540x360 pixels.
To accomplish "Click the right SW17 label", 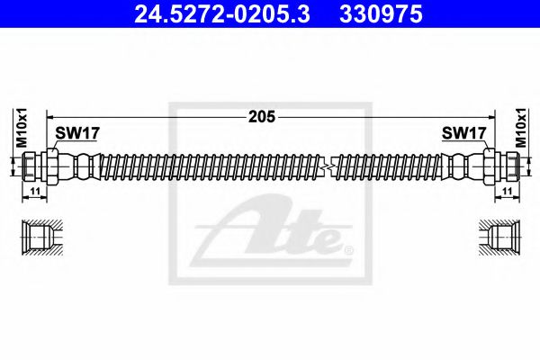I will pyautogui.click(x=464, y=133).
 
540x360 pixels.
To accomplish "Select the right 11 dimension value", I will pyautogui.click(x=507, y=193).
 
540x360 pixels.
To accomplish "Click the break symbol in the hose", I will pyautogui.click(x=331, y=166).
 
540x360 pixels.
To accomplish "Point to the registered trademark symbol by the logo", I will pyautogui.click(x=349, y=248).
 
